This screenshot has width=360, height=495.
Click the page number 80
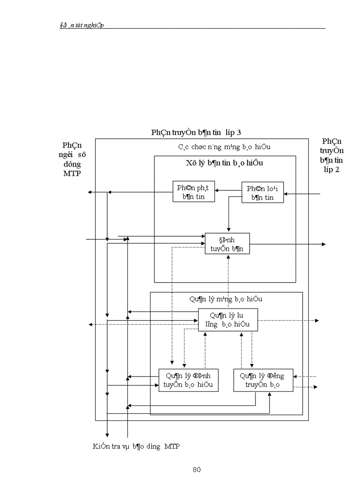[197, 469]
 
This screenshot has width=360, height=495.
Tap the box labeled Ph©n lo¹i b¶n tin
[262, 193]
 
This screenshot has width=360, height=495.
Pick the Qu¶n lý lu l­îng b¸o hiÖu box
[228, 320]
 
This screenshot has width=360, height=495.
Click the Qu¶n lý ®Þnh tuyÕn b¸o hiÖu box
[188, 380]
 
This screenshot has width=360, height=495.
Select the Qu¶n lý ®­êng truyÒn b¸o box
[262, 380]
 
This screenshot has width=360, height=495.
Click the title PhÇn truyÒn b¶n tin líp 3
[196, 132]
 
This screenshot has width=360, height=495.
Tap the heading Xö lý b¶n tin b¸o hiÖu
[225, 163]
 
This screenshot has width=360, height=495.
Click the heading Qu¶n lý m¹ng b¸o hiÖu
[226, 299]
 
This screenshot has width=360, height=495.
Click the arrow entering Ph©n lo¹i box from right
[304, 193]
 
